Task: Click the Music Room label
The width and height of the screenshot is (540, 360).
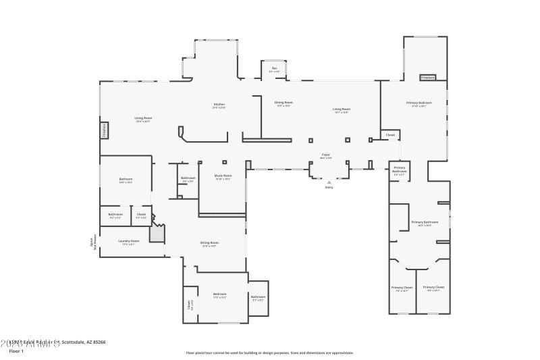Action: coord(223,178)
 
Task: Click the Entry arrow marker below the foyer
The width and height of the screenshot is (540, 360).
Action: coord(329,182)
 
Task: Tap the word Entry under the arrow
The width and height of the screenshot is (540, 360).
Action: coord(329,188)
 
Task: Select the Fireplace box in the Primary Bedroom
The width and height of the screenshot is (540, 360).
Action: coord(428,78)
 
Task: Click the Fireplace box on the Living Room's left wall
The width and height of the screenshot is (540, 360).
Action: coord(105,130)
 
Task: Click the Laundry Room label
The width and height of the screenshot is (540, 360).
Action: coord(129,242)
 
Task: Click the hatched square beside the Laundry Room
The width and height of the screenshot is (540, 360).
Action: coord(157,234)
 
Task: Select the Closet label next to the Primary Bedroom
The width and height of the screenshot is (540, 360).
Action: coord(390,135)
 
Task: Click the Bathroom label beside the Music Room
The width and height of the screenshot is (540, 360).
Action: coord(188,179)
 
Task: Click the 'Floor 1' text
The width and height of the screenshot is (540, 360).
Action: coord(16,351)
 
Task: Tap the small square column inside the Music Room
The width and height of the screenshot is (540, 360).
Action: coord(224,162)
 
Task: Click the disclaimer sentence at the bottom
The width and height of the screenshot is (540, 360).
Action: coord(269,353)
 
